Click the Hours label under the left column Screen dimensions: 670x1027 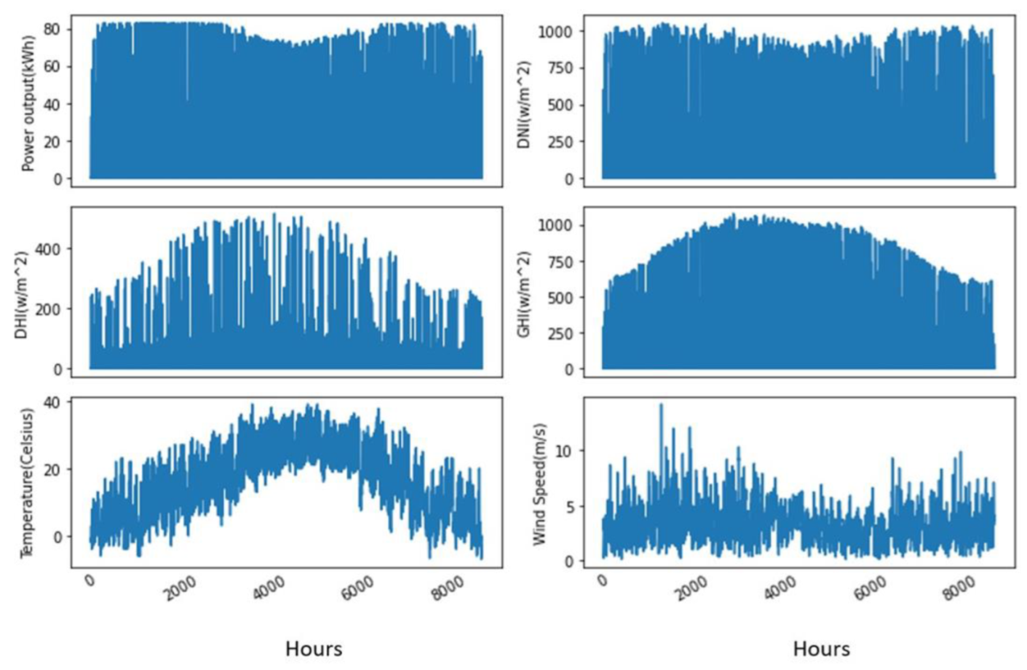pos(314,648)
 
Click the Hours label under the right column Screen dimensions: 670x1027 pos(821,648)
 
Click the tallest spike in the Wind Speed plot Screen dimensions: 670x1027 pos(662,405)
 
